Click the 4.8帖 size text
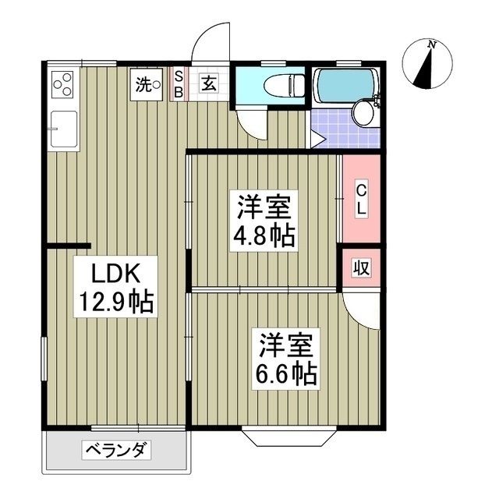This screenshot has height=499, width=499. [266, 236]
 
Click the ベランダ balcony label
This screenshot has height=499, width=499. [116, 450]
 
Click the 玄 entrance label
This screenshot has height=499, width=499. [211, 83]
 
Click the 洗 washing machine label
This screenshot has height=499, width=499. [147, 84]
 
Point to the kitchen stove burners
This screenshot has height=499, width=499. [63, 83]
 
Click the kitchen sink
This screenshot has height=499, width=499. [63, 129]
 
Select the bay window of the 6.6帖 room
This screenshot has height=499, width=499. [288, 435]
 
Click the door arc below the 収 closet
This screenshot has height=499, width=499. [360, 308]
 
